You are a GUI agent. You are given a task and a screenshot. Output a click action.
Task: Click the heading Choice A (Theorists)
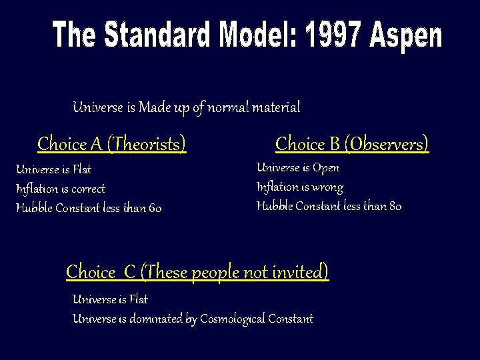(112, 143)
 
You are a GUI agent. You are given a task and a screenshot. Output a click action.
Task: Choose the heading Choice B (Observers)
(352, 143)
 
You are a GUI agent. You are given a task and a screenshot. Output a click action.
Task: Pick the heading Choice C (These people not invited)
(197, 272)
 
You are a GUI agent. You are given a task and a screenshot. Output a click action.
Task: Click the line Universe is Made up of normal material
(186, 107)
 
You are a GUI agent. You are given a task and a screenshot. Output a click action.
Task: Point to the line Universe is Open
(298, 168)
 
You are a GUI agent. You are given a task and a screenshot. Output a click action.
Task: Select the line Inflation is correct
(61, 189)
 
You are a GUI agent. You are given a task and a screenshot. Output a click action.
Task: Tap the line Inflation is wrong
(300, 187)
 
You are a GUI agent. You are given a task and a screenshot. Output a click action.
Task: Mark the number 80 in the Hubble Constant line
(394, 206)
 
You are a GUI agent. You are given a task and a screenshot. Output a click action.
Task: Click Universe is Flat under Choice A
(53, 169)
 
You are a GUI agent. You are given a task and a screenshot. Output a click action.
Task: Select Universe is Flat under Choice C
(110, 299)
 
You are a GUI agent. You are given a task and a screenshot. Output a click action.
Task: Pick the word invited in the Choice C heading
(301, 272)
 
